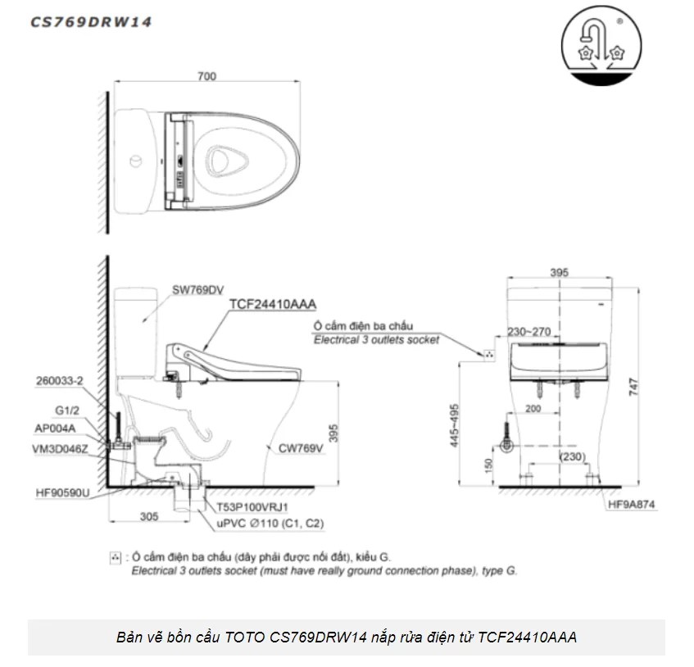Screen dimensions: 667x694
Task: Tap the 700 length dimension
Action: (x=207, y=76)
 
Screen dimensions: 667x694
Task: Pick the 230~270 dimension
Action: (x=531, y=332)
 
